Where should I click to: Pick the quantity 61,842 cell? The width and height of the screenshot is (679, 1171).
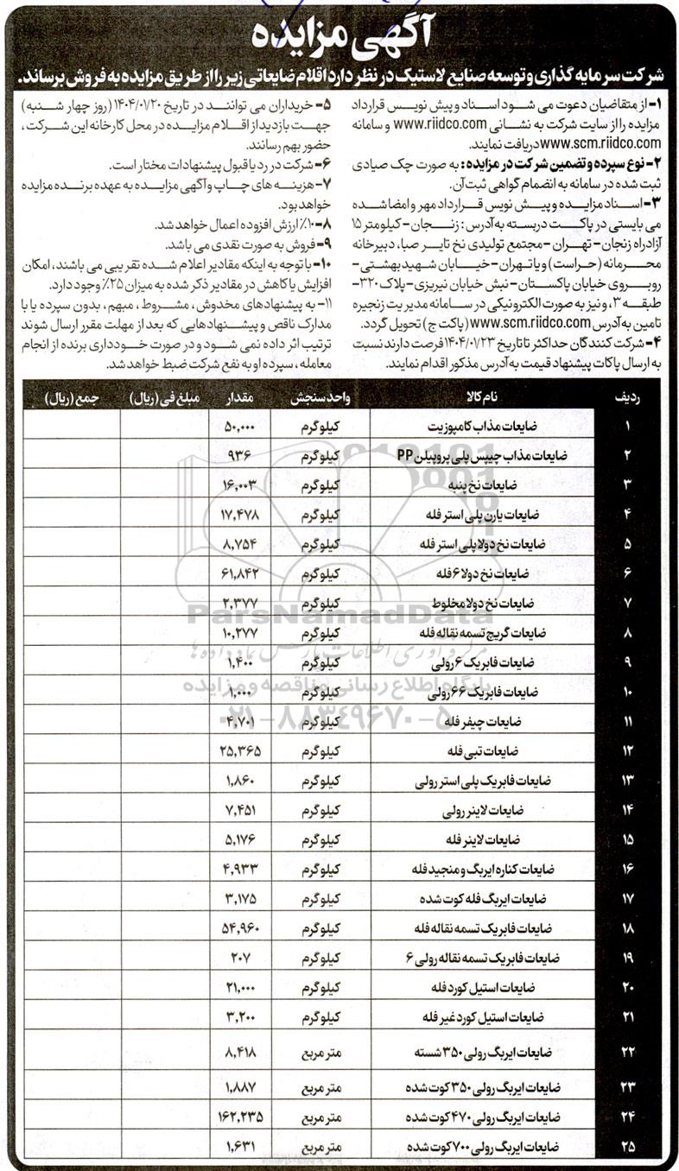pos(236,572)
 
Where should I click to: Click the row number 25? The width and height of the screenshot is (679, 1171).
pos(628,1147)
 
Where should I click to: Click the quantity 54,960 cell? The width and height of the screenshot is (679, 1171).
pos(236,928)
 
